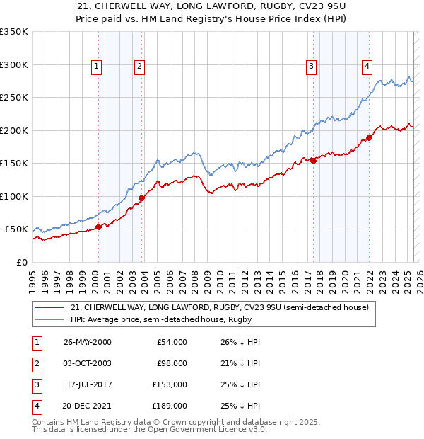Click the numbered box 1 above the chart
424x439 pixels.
[x=96, y=67]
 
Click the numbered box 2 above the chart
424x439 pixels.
[x=140, y=67]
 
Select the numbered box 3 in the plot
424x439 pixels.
[x=311, y=67]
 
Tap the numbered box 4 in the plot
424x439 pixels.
[x=367, y=67]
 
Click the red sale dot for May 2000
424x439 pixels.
[x=99, y=227]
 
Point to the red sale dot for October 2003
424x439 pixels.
[x=141, y=198]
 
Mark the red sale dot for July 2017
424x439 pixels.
[x=313, y=161]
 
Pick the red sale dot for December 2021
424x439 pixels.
[x=369, y=138]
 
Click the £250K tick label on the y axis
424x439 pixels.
[x=14, y=98]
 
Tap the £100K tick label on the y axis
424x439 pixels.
[x=14, y=196]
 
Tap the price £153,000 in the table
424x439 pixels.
[x=171, y=385]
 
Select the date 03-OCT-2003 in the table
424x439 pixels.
[x=87, y=363]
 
